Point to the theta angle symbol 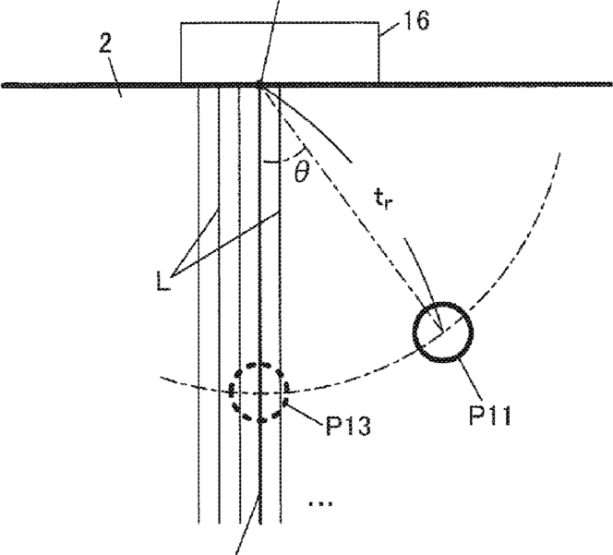(300, 171)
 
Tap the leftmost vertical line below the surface (199, 305)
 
